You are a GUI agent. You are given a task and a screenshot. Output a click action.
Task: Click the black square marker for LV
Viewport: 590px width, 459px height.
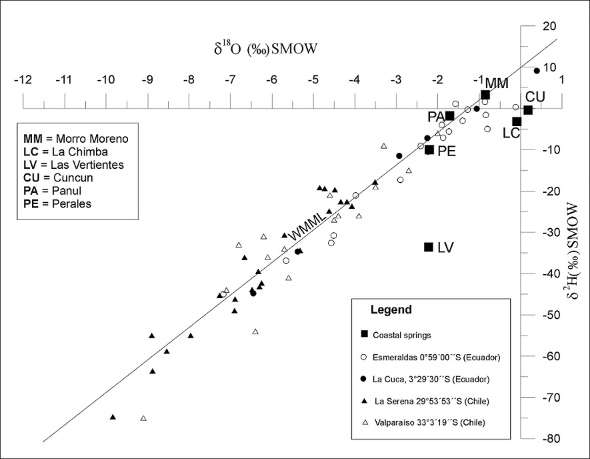pyautogui.click(x=429, y=247)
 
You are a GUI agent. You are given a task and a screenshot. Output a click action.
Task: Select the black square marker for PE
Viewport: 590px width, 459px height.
pyautogui.click(x=429, y=150)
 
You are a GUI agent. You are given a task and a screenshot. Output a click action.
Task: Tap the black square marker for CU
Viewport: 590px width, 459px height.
pyautogui.click(x=528, y=110)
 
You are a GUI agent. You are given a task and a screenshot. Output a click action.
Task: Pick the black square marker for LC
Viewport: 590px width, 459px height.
pyautogui.click(x=517, y=121)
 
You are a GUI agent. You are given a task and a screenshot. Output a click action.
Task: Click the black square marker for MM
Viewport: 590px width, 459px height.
pyautogui.click(x=485, y=95)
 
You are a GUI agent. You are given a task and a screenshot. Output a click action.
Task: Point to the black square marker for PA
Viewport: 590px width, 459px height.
pyautogui.click(x=450, y=116)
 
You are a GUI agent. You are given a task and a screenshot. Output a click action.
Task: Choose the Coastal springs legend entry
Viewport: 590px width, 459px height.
pyautogui.click(x=409, y=334)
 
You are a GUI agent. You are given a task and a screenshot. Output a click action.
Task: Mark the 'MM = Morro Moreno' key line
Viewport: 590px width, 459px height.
pyautogui.click(x=75, y=139)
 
